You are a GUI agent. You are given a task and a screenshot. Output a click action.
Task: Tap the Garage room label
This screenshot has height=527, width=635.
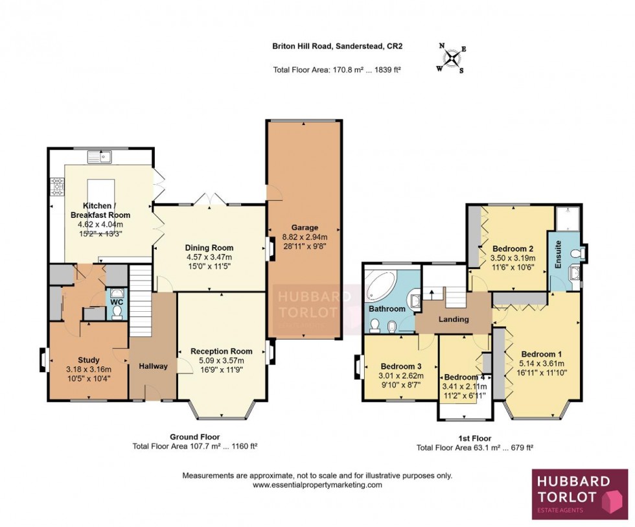tap(304, 228)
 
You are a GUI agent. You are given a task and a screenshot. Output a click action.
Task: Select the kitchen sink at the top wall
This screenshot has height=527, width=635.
tap(102, 156)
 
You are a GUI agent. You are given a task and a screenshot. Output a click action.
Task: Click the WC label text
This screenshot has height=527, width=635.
tap(117, 302)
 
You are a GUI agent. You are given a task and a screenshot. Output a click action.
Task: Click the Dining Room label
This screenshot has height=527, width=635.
tap(209, 248)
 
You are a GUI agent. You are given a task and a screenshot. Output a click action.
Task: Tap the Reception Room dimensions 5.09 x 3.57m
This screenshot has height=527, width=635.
tap(221, 361)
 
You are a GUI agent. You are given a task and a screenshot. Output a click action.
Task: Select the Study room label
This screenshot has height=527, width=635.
tap(88, 360)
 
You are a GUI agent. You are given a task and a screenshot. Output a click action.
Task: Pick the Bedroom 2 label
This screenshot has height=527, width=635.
tap(513, 248)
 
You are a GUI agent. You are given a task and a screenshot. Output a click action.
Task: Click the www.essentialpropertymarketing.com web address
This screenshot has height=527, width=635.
tap(317, 484)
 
